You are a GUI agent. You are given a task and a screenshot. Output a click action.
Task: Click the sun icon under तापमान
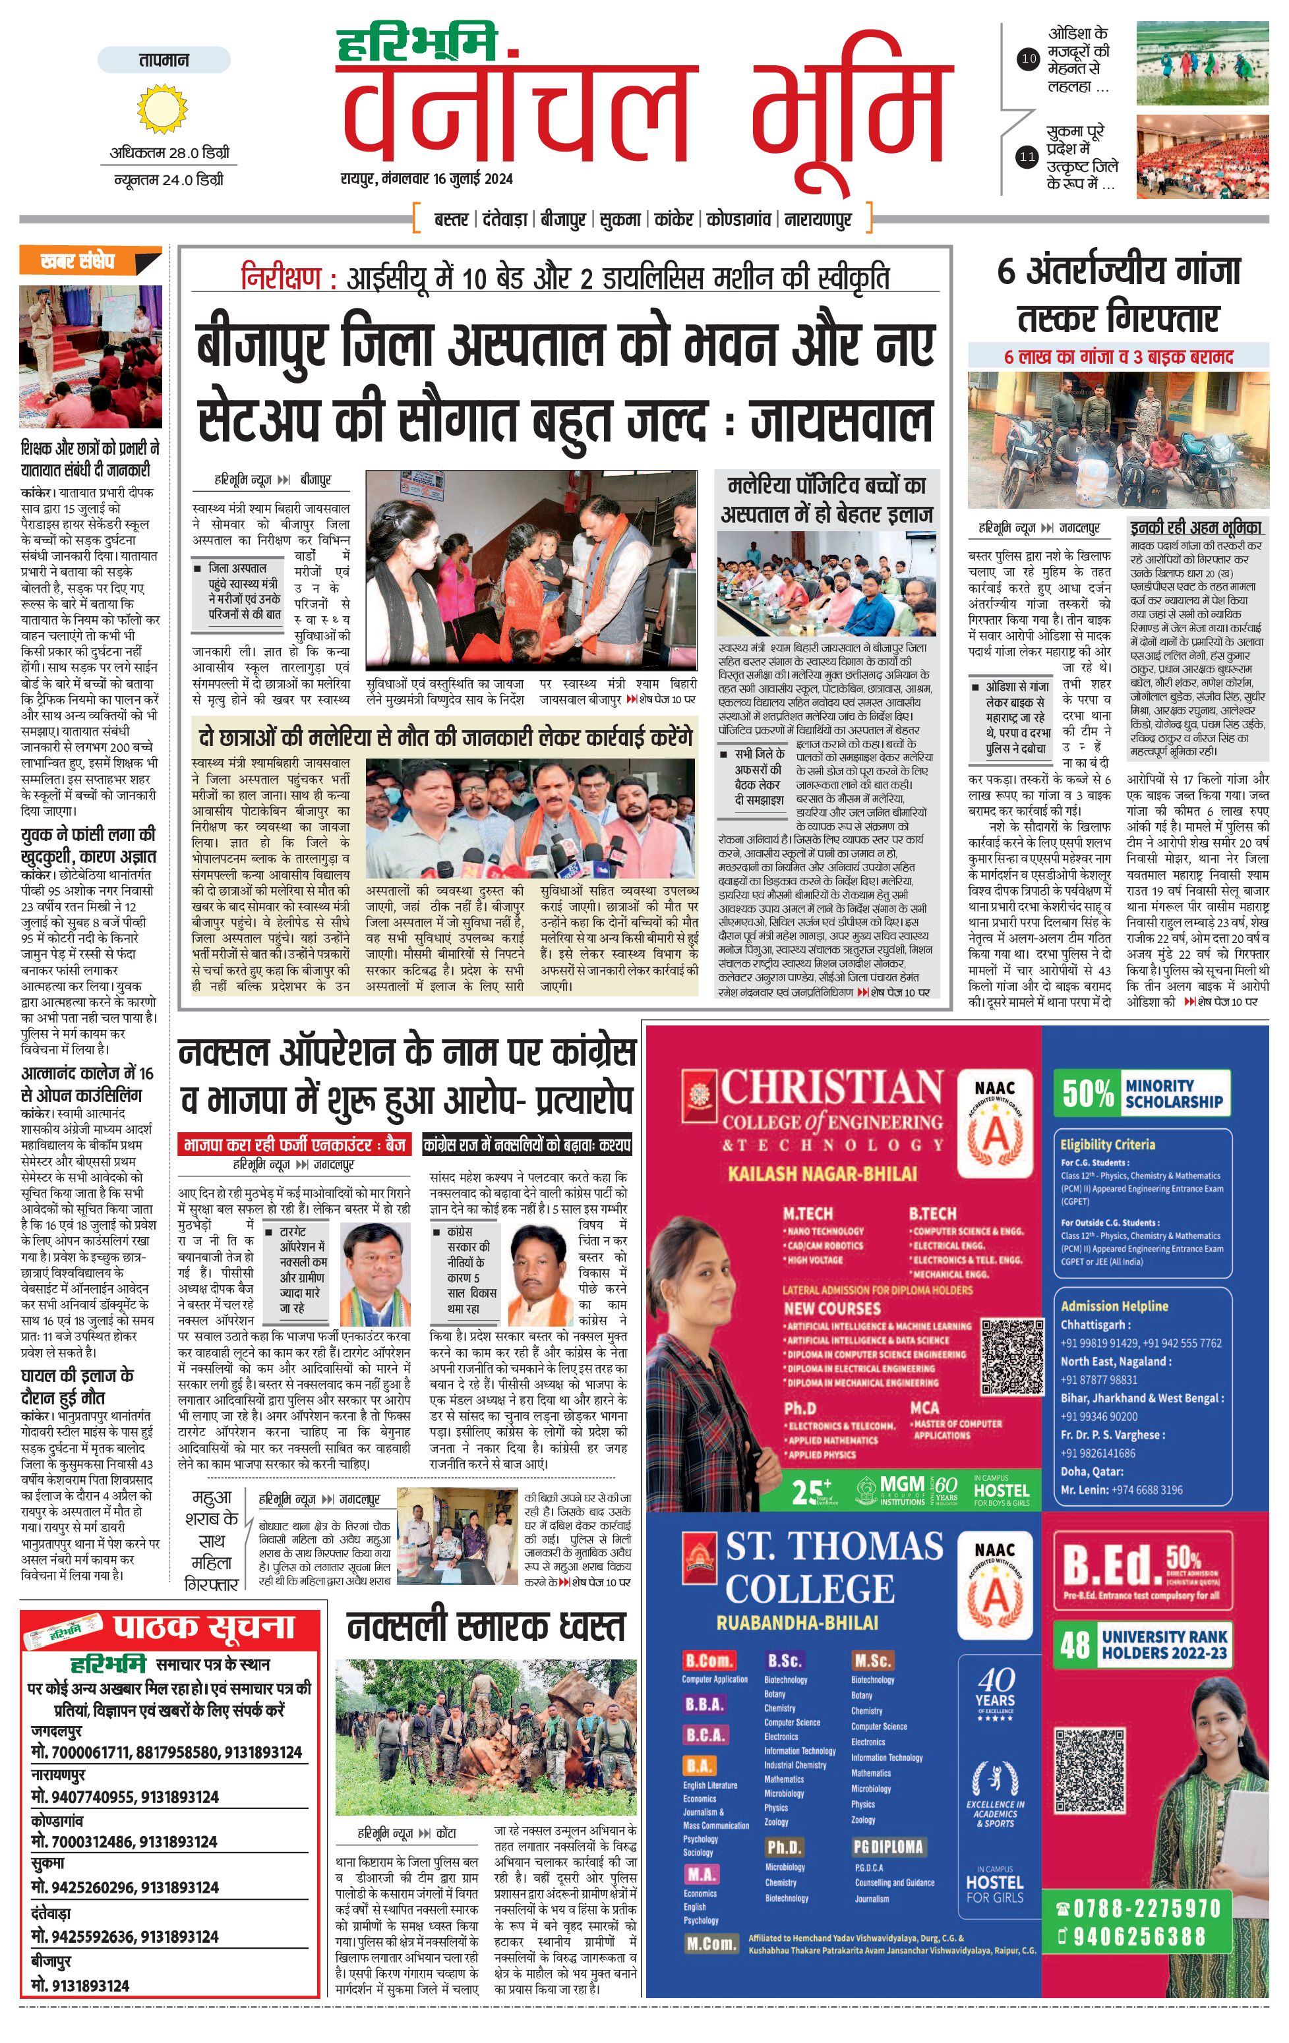(162, 109)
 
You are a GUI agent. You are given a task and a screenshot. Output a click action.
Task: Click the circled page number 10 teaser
(1029, 59)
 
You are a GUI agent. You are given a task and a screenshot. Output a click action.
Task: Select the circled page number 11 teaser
(1028, 156)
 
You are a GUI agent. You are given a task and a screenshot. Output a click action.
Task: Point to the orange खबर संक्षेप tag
(88, 260)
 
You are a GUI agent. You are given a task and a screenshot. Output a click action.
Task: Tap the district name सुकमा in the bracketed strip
(620, 219)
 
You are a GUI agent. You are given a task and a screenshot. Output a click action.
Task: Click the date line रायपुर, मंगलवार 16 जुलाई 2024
(427, 179)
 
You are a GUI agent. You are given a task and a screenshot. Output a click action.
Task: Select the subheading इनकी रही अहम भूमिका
(1195, 527)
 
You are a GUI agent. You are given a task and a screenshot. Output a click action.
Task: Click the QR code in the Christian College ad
(1012, 1355)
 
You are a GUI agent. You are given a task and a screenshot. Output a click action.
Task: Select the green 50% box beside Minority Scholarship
(1087, 1093)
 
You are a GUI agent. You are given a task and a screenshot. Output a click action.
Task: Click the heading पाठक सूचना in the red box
(204, 1627)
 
